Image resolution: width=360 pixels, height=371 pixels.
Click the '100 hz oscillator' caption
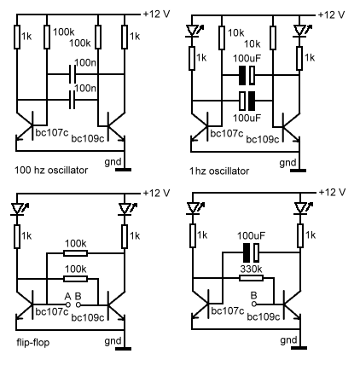(x=51, y=170)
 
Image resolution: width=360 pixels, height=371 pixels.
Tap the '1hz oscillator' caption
(x=219, y=171)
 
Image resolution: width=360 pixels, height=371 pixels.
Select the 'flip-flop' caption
(x=33, y=342)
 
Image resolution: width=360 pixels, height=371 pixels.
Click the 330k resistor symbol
(x=251, y=278)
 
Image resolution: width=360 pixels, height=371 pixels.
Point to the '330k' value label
(x=251, y=269)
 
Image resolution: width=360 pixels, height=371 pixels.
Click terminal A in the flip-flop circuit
(x=68, y=304)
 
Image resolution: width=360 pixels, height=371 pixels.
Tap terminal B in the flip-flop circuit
(x=78, y=304)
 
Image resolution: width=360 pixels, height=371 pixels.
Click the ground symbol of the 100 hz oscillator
(x=124, y=170)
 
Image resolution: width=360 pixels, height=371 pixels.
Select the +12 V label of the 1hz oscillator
(x=332, y=14)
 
